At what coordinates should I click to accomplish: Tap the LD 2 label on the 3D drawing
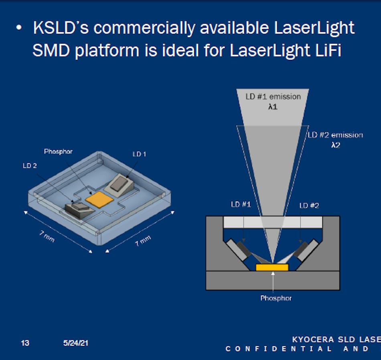click(30, 165)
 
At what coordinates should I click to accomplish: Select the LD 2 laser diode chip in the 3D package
click(79, 207)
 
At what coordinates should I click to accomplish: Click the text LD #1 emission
click(273, 97)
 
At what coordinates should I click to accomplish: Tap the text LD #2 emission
click(335, 135)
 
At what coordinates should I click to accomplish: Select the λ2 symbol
click(335, 146)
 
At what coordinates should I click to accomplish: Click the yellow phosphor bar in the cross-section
click(272, 267)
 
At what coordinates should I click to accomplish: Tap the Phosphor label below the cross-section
click(276, 298)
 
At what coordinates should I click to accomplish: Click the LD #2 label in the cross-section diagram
click(309, 205)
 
